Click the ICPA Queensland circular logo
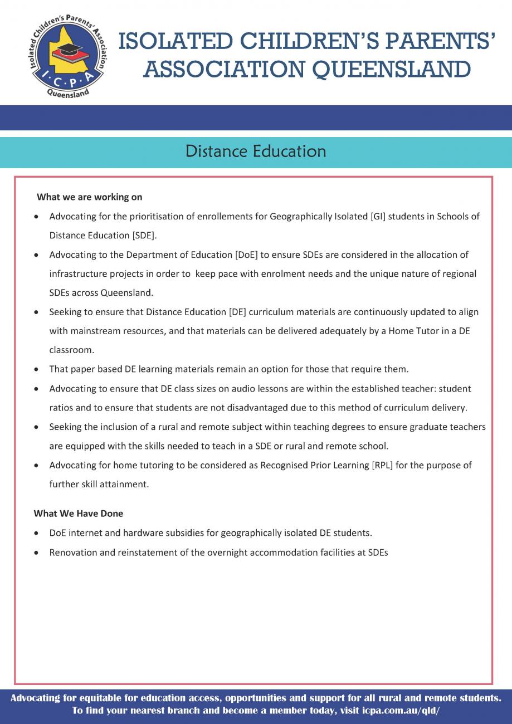[67, 56]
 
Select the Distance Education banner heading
[256, 151]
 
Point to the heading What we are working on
[89, 197]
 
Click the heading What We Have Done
[79, 513]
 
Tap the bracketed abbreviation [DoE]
[246, 255]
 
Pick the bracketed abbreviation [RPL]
[382, 465]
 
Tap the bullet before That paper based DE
[36, 370]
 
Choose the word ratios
[61, 408]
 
